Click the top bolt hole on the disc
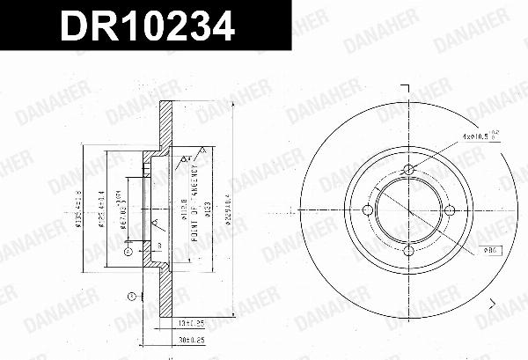pyautogui.click(x=409, y=171)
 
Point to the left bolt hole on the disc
pyautogui.click(x=370, y=209)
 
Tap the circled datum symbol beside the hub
pyautogui.click(x=128, y=252)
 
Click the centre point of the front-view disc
pyautogui.click(x=409, y=209)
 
